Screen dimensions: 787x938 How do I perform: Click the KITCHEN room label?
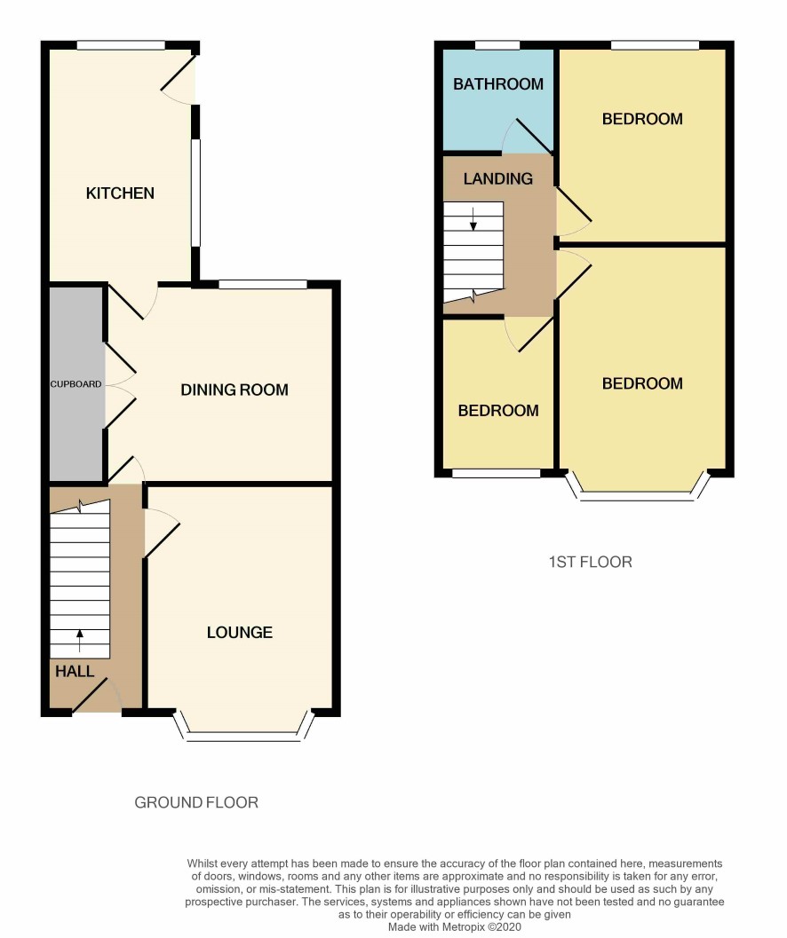pos(120,193)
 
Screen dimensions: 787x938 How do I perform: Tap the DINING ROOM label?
pos(235,390)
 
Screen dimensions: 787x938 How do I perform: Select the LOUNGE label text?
pos(240,633)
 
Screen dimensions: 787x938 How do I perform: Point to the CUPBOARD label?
pos(76,384)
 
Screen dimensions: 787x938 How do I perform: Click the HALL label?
pos(75,671)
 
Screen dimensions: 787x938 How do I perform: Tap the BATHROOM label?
pos(498,84)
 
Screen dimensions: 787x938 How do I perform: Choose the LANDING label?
pos(497,178)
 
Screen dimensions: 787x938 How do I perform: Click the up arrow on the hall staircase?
pos(80,640)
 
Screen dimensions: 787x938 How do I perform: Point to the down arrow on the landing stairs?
pos(473,219)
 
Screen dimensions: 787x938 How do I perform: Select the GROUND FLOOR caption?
pos(196,802)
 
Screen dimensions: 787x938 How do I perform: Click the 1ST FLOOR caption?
pos(591,562)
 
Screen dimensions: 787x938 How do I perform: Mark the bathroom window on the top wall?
pos(497,45)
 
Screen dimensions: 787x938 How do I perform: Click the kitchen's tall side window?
pos(195,192)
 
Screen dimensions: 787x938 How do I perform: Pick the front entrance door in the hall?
pos(96,696)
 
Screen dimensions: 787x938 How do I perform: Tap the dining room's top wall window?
pos(263,285)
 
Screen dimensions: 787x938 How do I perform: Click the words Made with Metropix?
pos(437,927)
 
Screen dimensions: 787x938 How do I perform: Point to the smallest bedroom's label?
pos(498,410)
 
